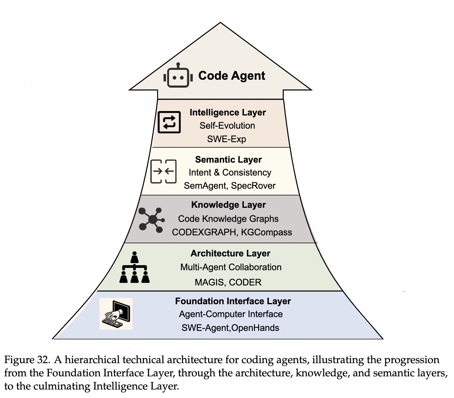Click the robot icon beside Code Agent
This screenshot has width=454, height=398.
178,76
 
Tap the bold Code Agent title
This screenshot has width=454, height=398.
232,76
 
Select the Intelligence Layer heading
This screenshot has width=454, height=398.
228,113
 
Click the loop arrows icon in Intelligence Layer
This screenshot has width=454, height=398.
169,122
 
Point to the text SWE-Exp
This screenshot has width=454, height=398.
226,139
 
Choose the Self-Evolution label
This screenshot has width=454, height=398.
227,126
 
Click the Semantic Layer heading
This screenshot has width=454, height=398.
228,160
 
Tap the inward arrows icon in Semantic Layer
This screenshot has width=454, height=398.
163,171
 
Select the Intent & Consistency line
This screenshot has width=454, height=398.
230,173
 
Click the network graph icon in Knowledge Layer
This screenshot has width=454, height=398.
152,220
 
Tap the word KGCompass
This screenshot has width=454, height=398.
266,232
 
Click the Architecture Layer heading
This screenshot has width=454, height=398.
230,254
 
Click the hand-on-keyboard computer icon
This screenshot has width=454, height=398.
116,314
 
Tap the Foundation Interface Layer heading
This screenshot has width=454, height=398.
233,301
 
